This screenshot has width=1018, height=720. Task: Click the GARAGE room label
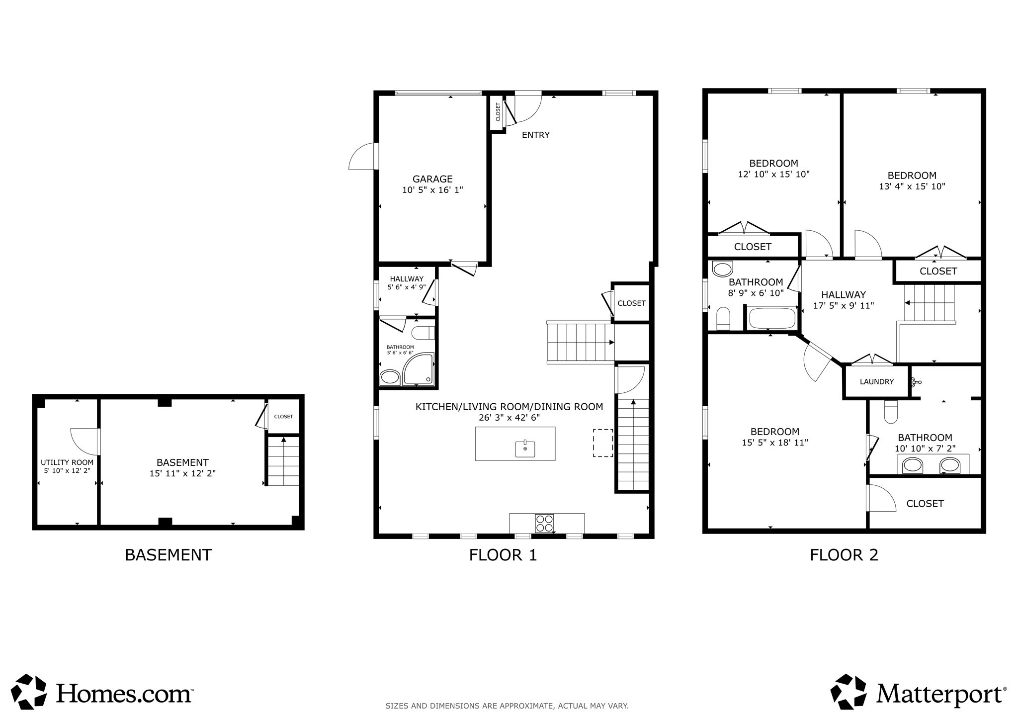[432, 179]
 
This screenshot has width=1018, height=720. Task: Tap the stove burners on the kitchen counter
[544, 523]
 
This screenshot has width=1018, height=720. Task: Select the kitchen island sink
[525, 449]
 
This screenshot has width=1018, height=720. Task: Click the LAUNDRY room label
[877, 382]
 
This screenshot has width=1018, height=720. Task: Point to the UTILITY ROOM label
[67, 462]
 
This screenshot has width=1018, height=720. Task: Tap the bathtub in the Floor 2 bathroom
[772, 318]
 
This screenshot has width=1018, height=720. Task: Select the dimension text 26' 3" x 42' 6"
[509, 418]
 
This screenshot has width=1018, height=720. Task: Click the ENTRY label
[535, 135]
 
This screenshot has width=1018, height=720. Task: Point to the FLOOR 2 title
[844, 555]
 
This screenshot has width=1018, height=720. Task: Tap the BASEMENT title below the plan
[168, 555]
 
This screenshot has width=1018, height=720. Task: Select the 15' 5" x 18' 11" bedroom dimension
[775, 443]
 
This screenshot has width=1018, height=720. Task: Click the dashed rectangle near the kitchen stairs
[602, 443]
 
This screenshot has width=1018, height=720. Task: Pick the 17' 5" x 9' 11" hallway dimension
[844, 306]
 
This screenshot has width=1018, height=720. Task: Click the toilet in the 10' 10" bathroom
[891, 412]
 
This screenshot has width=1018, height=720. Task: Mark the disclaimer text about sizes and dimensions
[507, 706]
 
